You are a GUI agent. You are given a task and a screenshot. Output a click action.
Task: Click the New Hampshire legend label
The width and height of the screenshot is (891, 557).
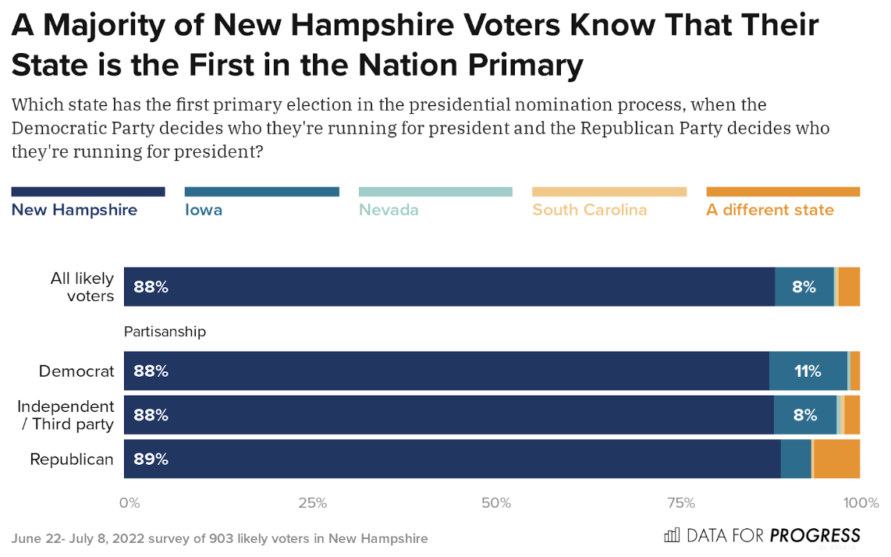coord(74,210)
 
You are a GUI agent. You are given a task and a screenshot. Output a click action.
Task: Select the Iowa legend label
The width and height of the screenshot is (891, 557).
coord(204,210)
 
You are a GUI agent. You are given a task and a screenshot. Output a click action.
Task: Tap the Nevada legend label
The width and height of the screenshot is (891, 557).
coord(389,210)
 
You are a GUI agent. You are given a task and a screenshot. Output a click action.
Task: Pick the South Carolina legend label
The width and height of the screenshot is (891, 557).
coord(589,210)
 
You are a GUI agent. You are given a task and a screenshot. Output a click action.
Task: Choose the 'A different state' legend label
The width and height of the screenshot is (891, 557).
coord(769,210)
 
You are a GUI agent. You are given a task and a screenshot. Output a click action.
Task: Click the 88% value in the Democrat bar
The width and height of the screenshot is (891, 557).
coord(151,371)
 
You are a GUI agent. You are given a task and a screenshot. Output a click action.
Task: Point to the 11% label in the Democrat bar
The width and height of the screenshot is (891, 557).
coord(808,371)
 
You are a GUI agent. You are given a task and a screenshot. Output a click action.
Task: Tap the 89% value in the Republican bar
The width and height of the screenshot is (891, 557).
coord(151,459)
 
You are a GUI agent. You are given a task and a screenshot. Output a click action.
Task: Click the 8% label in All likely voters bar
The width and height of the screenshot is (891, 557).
coord(804,287)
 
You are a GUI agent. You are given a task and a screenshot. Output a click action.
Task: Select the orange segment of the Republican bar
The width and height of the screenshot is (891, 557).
coord(836,459)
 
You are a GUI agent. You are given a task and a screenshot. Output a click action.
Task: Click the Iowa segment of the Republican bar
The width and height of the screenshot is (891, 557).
coord(796,459)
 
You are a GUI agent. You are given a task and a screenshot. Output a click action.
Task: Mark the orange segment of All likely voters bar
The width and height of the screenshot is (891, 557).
coord(849,287)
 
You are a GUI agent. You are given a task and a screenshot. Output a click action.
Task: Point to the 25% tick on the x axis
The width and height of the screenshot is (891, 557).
coord(312,503)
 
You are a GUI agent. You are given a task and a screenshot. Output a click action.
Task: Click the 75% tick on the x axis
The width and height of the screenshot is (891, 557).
coord(680,503)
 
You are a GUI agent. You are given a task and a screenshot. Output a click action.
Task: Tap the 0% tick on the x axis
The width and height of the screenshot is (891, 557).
coord(130,503)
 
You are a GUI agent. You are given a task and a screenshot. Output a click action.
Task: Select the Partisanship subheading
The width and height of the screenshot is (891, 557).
coord(165,332)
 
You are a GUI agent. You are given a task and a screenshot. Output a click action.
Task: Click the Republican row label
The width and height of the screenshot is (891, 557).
coord(72,459)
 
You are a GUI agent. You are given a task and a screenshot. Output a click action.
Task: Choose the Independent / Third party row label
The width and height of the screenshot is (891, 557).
coord(66,415)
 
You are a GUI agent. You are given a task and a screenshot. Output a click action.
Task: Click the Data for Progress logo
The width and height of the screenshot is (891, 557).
coord(761,535)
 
